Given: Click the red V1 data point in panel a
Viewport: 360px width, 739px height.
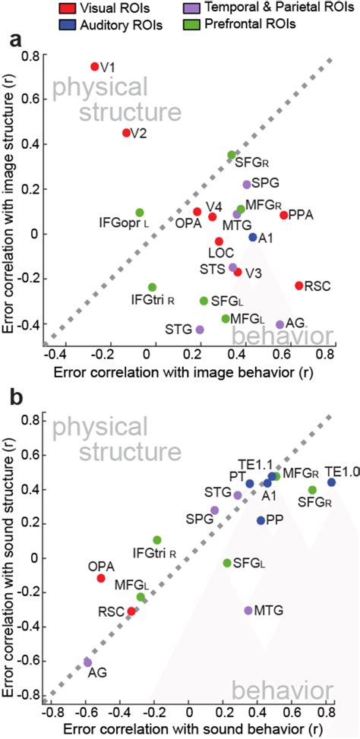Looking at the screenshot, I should (x=95, y=67).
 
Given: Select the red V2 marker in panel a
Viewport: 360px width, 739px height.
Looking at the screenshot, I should (x=126, y=133).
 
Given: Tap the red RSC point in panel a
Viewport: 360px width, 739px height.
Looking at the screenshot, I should (x=298, y=286).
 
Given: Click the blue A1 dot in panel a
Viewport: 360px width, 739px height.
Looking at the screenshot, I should (x=253, y=237).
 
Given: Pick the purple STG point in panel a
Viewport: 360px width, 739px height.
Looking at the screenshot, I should (x=200, y=330).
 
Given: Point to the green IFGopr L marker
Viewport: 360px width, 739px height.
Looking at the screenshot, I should (x=140, y=213).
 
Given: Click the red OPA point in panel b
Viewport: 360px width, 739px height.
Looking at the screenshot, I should (x=101, y=578).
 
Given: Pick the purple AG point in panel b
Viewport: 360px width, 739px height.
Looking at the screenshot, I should (x=87, y=662).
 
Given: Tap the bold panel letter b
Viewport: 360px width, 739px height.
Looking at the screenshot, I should (x=14, y=395).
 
